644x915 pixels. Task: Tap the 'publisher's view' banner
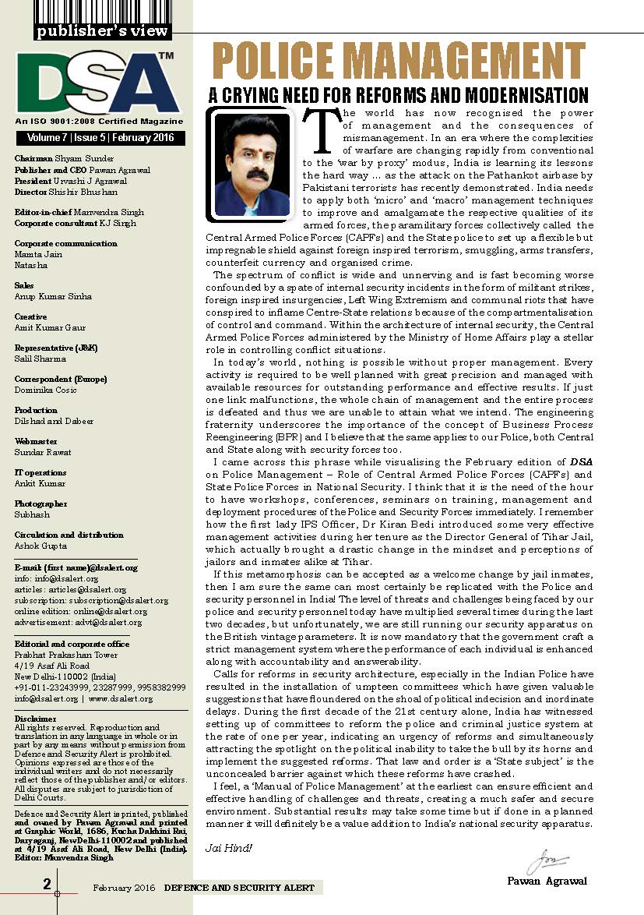[101, 32]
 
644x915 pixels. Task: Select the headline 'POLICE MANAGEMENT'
[398, 63]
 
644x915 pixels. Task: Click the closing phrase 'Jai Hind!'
[224, 847]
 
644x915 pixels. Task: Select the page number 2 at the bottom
[47, 884]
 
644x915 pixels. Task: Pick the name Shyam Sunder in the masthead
[70, 157]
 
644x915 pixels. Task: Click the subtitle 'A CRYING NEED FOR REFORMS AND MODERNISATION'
[398, 96]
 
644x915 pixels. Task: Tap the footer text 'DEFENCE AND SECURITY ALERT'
[240, 888]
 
